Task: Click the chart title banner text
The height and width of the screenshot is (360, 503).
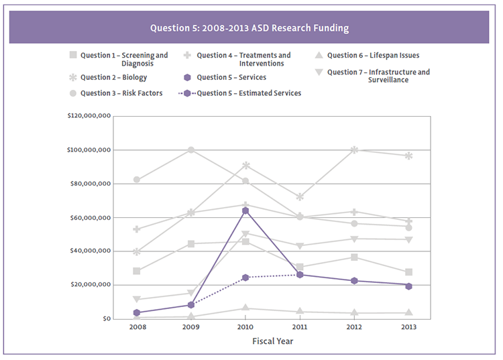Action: [x=249, y=29]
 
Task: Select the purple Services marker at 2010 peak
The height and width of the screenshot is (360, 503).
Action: [x=245, y=211]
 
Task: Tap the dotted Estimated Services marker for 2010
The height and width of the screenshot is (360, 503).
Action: [x=245, y=278]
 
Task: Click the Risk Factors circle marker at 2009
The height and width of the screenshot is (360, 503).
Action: [x=191, y=149]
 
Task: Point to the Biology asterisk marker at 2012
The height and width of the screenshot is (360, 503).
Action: [x=354, y=150]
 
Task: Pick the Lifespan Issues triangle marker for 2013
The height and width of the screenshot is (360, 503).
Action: [x=408, y=312]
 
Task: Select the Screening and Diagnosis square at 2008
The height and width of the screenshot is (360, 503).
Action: [x=137, y=271]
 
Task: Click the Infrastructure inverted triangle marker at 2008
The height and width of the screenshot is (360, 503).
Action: [x=137, y=300]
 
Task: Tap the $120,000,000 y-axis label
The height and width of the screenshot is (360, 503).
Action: [x=89, y=116]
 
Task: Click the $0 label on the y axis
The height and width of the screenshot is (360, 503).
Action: [x=106, y=318]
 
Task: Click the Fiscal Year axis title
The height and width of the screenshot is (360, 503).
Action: [x=272, y=341]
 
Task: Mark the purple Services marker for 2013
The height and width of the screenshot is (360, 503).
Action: [x=408, y=286]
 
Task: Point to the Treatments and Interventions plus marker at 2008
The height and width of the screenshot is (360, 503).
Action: [x=137, y=229]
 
